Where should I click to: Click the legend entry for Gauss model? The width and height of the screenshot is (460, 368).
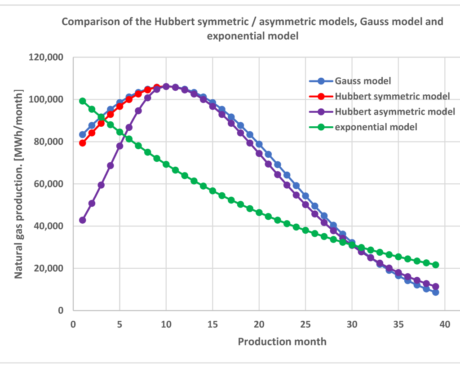(363, 81)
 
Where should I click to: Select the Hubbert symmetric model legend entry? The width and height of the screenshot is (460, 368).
(392, 97)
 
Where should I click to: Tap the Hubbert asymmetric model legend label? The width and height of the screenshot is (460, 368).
(395, 111)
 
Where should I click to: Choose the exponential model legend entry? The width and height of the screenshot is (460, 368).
(376, 127)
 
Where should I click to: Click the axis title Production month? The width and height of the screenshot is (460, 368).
(282, 341)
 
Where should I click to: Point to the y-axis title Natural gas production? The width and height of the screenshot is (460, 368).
(19, 184)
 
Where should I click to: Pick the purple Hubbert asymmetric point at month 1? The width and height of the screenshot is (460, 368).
(83, 220)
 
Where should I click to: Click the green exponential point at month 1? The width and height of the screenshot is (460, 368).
(83, 101)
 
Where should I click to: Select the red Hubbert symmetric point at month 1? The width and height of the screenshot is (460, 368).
(83, 143)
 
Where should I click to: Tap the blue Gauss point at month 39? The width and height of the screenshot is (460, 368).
(435, 292)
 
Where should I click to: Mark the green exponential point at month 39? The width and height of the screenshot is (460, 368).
(435, 265)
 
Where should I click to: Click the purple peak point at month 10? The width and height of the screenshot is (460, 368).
(166, 86)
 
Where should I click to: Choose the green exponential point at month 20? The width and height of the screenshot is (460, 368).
(259, 213)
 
